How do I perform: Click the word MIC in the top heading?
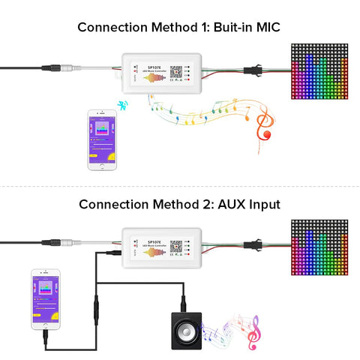tap(266, 28)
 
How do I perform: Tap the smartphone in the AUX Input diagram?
tap(43, 300)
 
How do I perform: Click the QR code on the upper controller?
tap(175, 72)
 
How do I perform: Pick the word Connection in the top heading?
tap(112, 28)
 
